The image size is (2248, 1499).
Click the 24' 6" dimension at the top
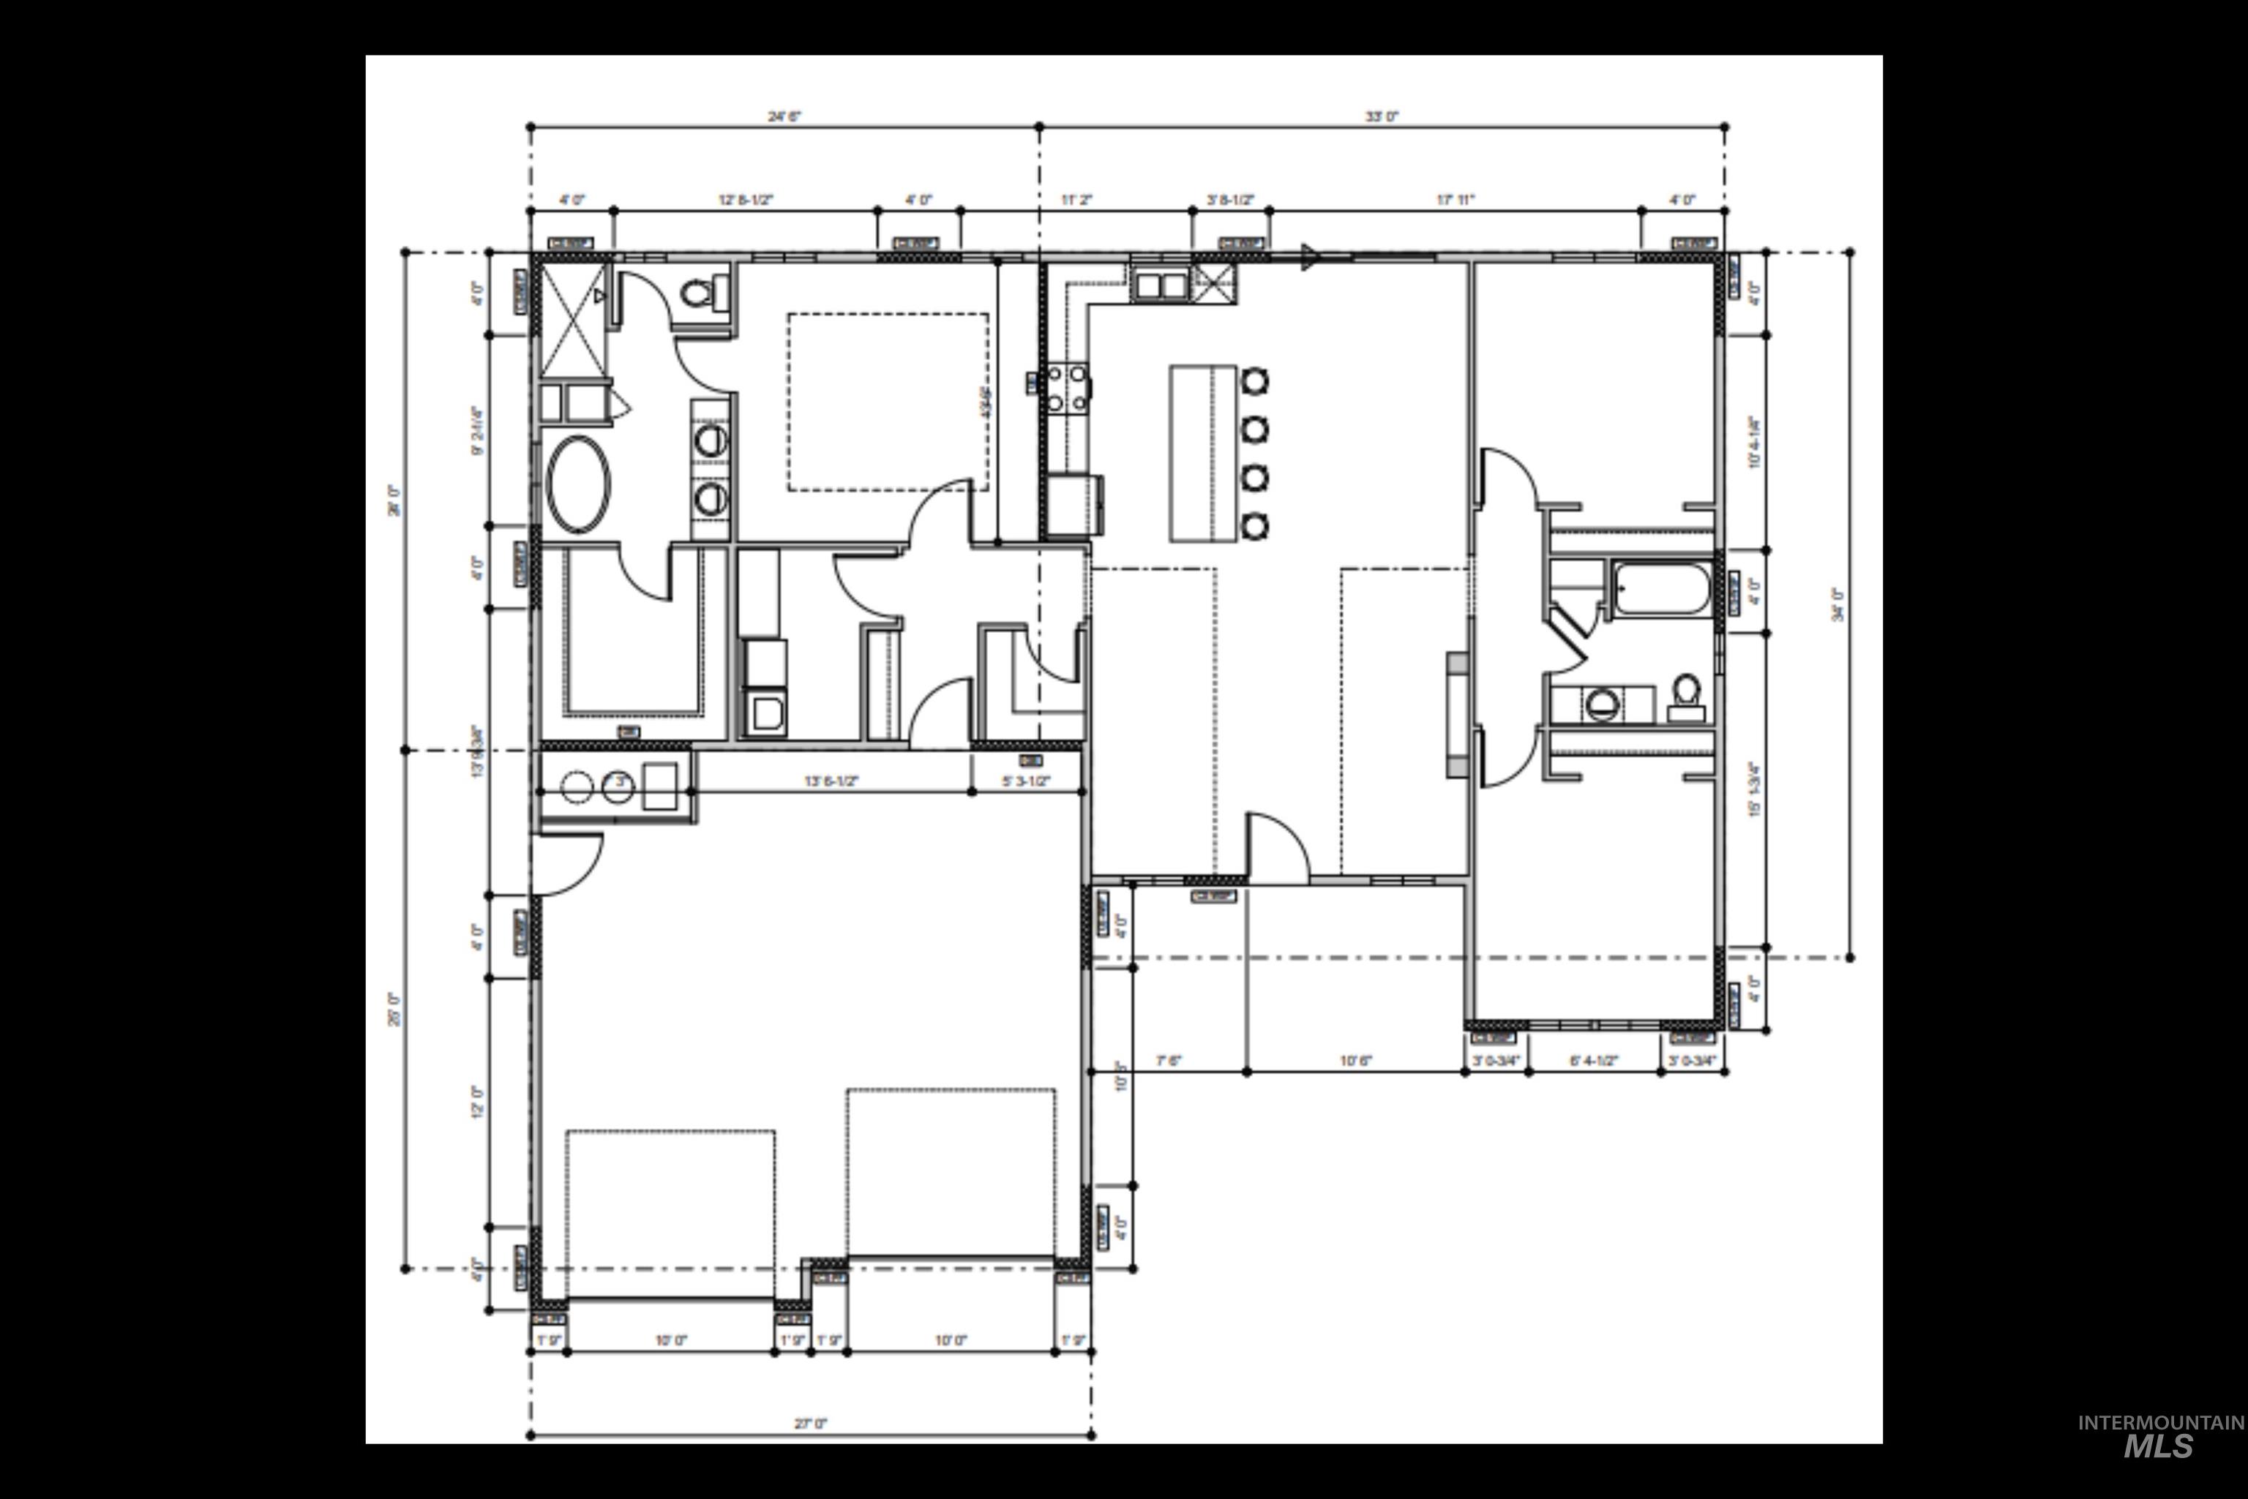(784, 116)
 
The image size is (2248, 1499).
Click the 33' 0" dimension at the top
(1381, 116)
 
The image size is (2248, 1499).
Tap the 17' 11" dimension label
(1455, 200)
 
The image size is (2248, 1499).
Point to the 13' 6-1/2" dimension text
(831, 781)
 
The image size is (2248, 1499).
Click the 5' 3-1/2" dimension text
(1025, 781)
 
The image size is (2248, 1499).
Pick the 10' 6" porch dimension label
(1355, 1060)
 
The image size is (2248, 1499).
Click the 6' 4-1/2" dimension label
(1593, 1060)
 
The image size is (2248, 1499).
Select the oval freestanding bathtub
(580, 484)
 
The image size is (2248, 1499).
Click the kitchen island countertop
(1203, 453)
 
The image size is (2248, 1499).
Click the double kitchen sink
(1160, 285)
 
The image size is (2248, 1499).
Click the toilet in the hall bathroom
(1686, 695)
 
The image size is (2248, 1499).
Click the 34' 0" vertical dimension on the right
(1837, 604)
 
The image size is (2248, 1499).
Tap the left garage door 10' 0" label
(670, 1340)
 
